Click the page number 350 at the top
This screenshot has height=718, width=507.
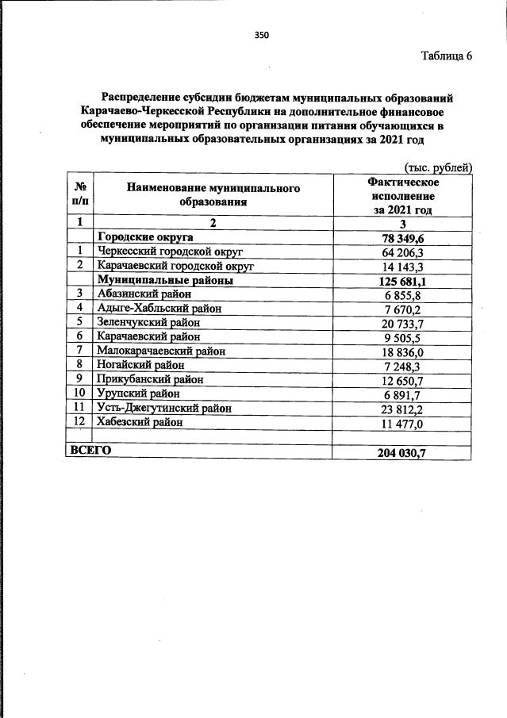tap(262, 34)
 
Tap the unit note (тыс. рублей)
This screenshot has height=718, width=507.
tap(439, 167)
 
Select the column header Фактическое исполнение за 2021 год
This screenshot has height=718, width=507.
tap(404, 196)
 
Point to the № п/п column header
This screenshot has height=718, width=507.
tap(80, 196)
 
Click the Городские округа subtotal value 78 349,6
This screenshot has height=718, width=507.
tap(404, 237)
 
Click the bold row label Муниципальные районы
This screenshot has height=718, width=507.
tap(164, 280)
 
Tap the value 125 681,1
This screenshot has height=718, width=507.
tap(404, 280)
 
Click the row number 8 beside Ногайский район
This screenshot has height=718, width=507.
tap(80, 365)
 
